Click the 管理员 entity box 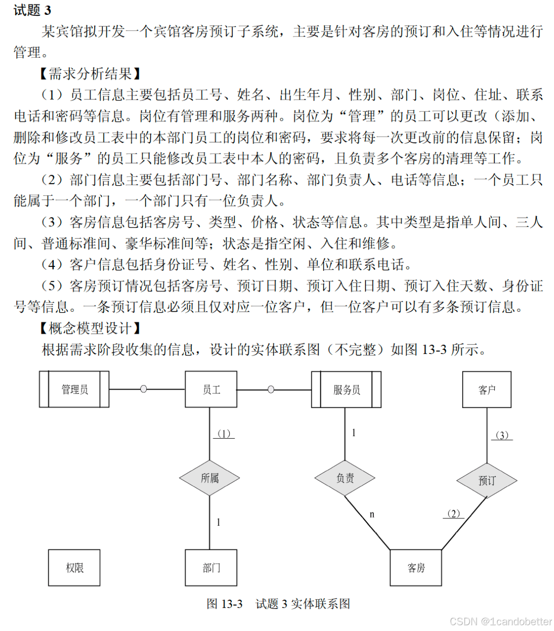(75, 389)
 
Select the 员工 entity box (211, 389)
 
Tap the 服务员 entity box (346, 389)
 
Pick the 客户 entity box (487, 389)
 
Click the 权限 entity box (75, 568)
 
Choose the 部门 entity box (211, 568)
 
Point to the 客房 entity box (416, 568)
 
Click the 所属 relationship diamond (210, 478)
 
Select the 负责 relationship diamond (345, 478)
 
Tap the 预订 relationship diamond (487, 480)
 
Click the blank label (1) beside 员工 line (224, 434)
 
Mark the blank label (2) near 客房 (453, 514)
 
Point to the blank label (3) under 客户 (502, 435)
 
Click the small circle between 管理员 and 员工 (143, 389)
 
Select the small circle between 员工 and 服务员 (271, 389)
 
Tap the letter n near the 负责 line (372, 514)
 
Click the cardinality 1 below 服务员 (353, 433)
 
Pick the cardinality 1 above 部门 (218, 522)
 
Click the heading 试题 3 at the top (32, 11)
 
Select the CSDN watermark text (501, 621)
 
